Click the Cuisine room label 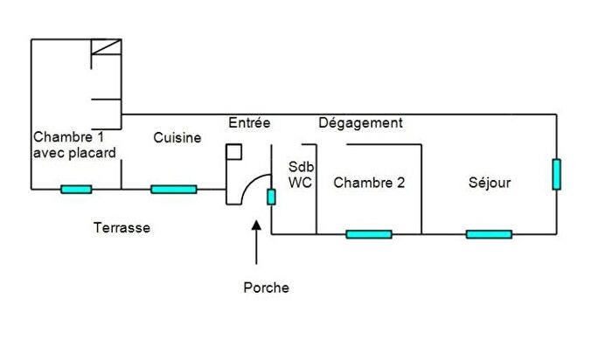click(177, 138)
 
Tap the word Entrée click(249, 122)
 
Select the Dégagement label click(360, 123)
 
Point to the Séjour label click(490, 183)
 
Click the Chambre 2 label click(369, 182)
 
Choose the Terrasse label click(122, 227)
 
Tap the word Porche click(266, 287)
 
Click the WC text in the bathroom click(300, 182)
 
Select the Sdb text click(301, 167)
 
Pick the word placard click(93, 153)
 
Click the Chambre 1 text click(69, 137)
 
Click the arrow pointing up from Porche click(256, 243)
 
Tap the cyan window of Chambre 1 click(76, 190)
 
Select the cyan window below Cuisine click(174, 190)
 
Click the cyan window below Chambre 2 click(369, 234)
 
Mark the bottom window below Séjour click(489, 234)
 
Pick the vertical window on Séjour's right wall click(557, 175)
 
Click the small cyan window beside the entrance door click(271, 197)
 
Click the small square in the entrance click(233, 152)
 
